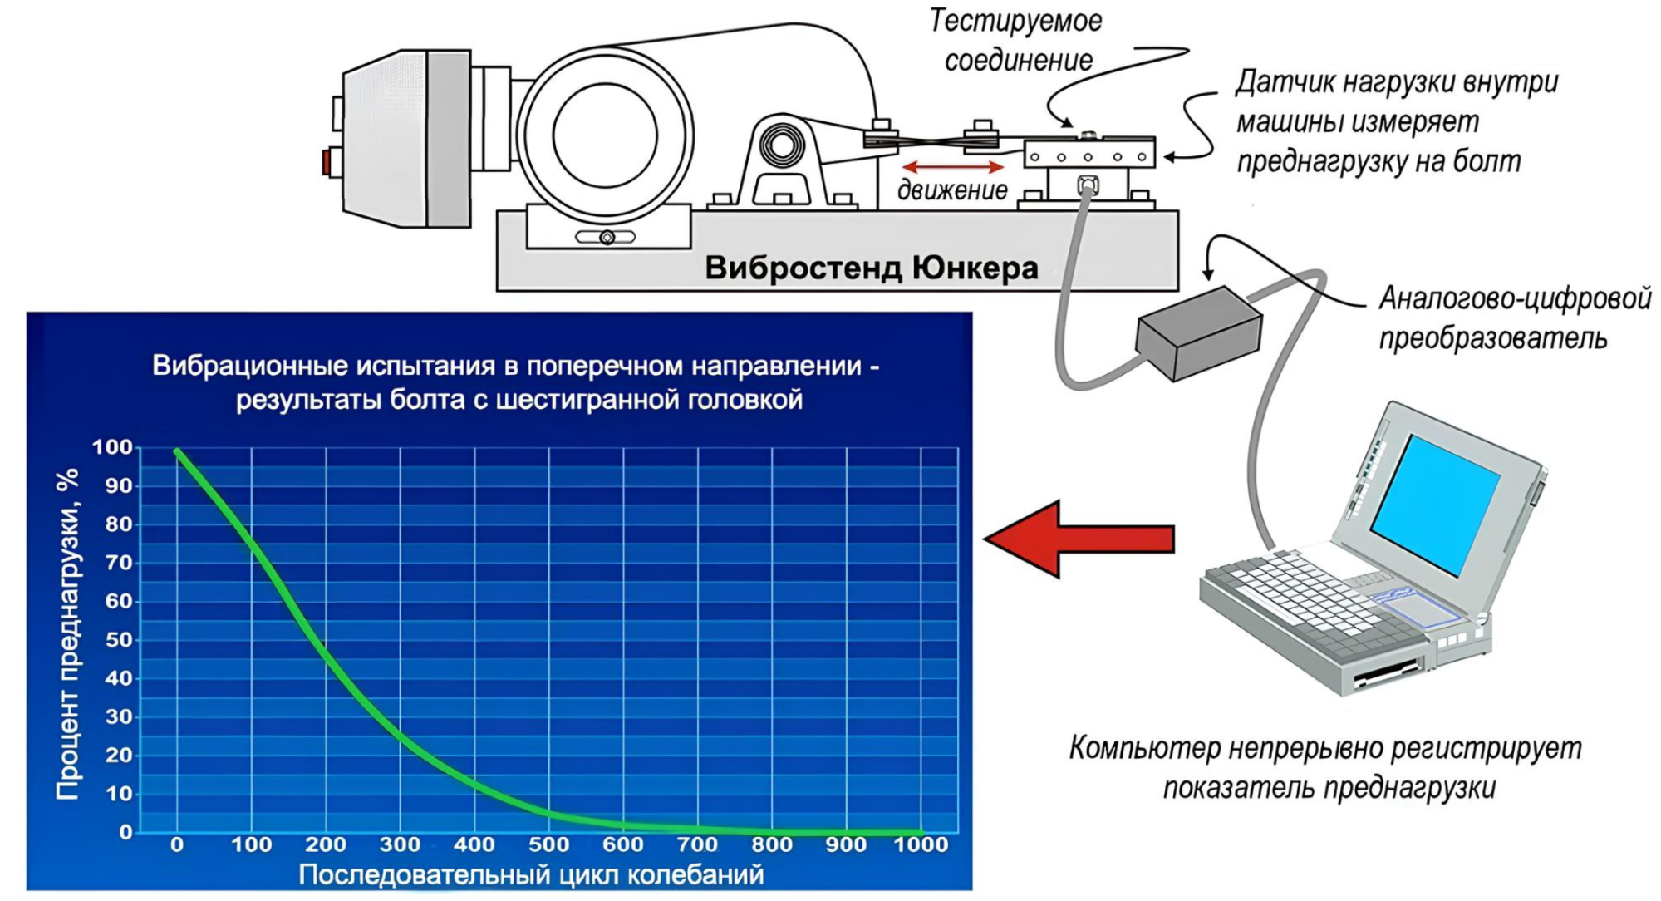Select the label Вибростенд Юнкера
click(871, 268)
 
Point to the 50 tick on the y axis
click(119, 640)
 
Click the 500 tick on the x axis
click(548, 845)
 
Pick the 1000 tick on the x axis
click(921, 845)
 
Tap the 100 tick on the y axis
click(112, 447)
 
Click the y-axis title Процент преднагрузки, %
click(67, 633)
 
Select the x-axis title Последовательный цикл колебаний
click(531, 874)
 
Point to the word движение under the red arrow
click(952, 190)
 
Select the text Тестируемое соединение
click(1016, 40)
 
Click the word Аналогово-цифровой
click(1515, 298)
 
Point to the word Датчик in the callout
click(1285, 82)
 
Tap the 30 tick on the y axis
click(119, 716)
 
